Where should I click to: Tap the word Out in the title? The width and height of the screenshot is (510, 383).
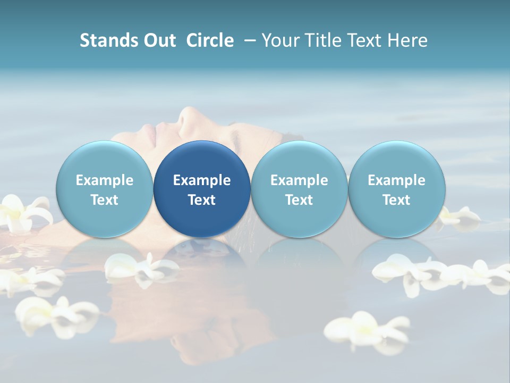pos(158,40)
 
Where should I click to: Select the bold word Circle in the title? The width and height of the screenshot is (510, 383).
pos(210,40)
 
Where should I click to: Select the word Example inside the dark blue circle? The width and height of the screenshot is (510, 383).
pos(202,180)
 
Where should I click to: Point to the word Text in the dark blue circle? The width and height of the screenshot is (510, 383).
pos(202,200)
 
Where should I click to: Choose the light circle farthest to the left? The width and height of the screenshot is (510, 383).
pos(105,189)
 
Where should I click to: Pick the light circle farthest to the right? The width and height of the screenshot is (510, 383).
pos(396,189)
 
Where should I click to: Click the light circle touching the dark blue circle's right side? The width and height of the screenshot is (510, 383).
pos(299,189)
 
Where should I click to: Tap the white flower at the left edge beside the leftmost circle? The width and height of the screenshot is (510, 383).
pos(24,213)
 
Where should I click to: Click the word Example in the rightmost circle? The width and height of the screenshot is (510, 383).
pos(396,180)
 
